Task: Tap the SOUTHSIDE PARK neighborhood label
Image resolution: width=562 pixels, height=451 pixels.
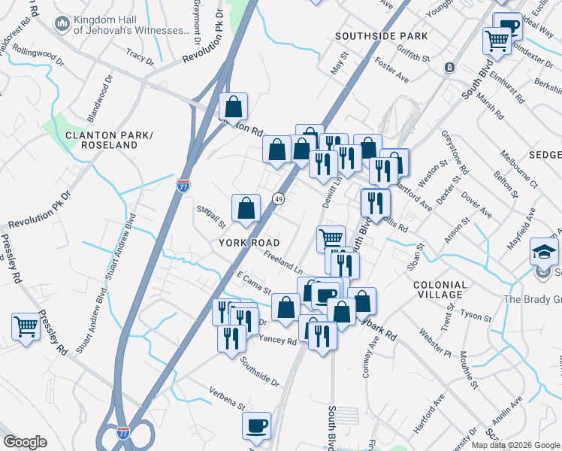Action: click(x=381, y=36)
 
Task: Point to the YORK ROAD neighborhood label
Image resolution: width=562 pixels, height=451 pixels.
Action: click(x=249, y=243)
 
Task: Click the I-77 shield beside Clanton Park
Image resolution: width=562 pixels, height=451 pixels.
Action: click(x=183, y=185)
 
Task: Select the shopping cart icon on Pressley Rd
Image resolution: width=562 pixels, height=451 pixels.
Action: click(x=26, y=327)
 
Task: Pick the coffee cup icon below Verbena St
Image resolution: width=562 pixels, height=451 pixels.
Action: click(x=257, y=425)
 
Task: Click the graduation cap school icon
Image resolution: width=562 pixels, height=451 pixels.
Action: click(x=545, y=251)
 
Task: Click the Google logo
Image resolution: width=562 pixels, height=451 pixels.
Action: click(x=25, y=442)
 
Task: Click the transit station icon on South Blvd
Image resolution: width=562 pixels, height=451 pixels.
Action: click(x=449, y=68)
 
